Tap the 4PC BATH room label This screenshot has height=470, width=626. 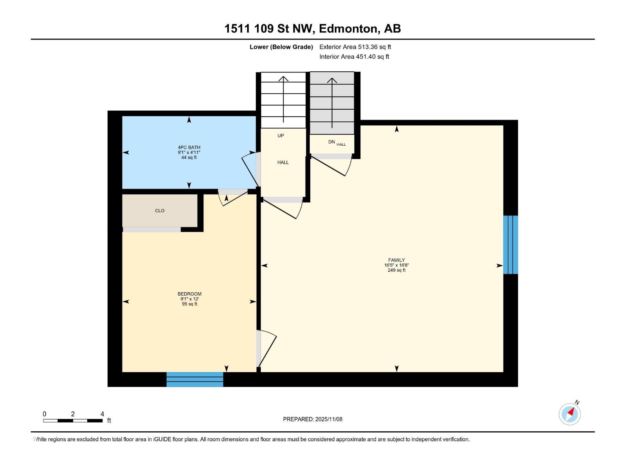(x=189, y=148)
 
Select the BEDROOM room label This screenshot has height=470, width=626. (x=189, y=294)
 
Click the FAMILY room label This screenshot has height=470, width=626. (x=396, y=260)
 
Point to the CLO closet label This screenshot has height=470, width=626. (x=160, y=211)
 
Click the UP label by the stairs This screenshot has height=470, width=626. (x=281, y=136)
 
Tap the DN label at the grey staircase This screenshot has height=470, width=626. (x=331, y=142)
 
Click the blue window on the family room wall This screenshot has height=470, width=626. (x=511, y=245)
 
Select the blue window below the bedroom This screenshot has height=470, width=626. (x=195, y=379)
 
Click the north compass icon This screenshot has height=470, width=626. (x=570, y=414)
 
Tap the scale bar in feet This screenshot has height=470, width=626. (x=73, y=420)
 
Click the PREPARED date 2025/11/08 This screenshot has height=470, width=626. (x=313, y=419)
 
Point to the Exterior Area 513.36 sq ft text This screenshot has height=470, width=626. (x=355, y=47)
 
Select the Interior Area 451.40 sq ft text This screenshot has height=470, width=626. (x=354, y=57)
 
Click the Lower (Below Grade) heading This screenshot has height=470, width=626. (x=281, y=47)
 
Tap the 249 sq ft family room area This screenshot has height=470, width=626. (x=396, y=270)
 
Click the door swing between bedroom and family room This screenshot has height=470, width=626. (x=267, y=349)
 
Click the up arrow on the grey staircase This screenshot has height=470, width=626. (x=332, y=102)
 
